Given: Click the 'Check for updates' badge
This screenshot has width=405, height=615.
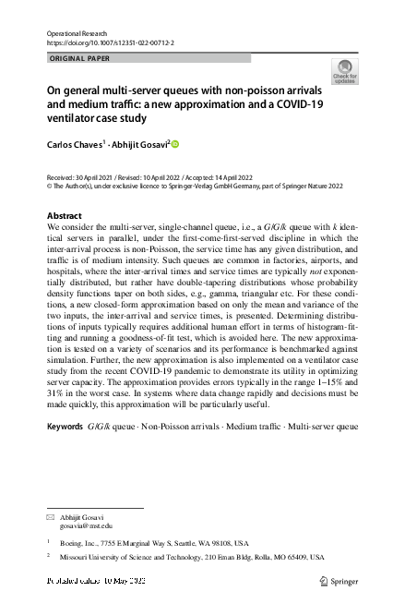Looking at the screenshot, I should pyautogui.click(x=345, y=72).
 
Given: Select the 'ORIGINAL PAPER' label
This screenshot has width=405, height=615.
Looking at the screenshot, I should pyautogui.click(x=78, y=58).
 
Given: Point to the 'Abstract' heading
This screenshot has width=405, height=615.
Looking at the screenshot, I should pyautogui.click(x=64, y=215).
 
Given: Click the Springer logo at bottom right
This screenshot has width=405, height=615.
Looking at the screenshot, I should pyautogui.click(x=336, y=581).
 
